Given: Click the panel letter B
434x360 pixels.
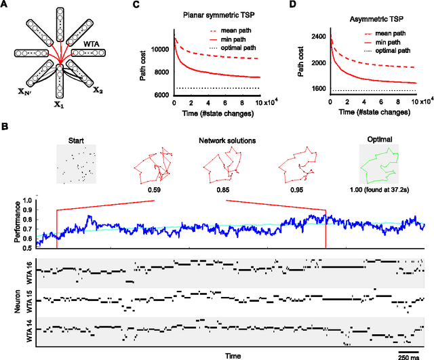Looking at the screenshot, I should (5, 126).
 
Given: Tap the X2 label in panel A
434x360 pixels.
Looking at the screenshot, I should (98, 89).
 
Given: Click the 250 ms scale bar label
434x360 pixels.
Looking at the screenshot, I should (408, 357).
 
